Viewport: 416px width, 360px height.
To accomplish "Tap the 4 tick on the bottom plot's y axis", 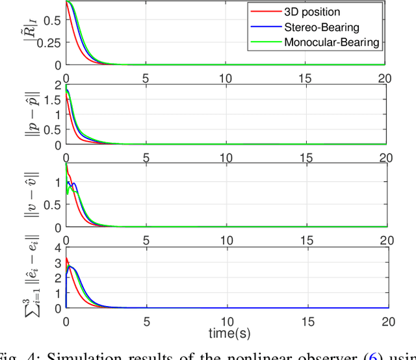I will click(57, 248).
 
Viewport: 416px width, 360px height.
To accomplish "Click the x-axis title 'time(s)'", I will click(225, 333).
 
